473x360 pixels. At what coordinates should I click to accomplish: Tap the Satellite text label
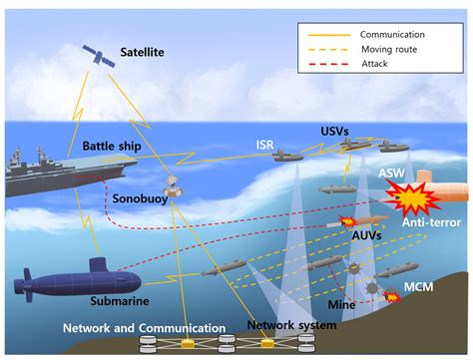coord(144,51)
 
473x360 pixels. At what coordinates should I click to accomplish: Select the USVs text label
coord(336,130)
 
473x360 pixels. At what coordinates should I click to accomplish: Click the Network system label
coord(291,324)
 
